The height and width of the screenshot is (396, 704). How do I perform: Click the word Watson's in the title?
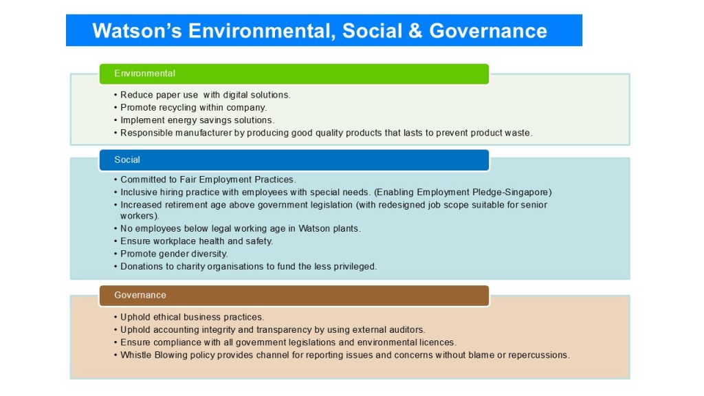click(x=137, y=31)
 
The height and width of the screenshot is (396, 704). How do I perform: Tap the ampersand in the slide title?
click(x=415, y=31)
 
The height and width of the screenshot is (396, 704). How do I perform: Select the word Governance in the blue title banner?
click(x=488, y=31)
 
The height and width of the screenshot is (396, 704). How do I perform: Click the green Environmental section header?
click(x=294, y=74)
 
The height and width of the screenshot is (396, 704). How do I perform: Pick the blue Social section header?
click(x=294, y=159)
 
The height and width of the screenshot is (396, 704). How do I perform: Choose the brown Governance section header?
click(x=294, y=296)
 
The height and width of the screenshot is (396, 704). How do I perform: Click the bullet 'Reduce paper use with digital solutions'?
click(x=203, y=95)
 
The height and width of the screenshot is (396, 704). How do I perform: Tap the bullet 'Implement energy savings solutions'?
click(x=195, y=120)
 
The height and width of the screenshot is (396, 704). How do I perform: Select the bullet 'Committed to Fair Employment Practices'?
click(x=205, y=179)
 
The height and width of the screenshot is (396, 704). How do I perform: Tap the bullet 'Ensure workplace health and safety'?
click(x=193, y=241)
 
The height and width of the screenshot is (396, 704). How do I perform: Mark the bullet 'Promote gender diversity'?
click(x=171, y=254)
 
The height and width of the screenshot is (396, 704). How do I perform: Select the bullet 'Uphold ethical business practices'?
click(x=189, y=317)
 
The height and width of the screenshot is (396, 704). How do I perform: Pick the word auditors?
click(x=408, y=329)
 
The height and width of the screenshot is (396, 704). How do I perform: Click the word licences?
click(x=438, y=342)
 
